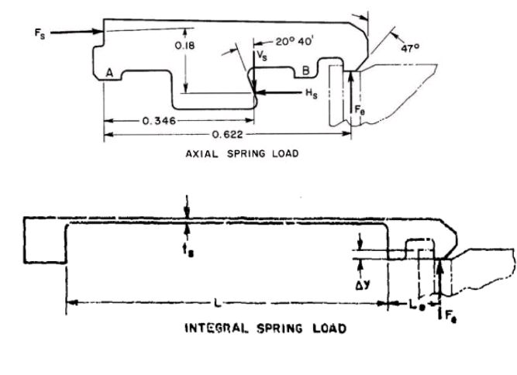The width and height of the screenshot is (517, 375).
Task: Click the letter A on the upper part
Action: tap(110, 72)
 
